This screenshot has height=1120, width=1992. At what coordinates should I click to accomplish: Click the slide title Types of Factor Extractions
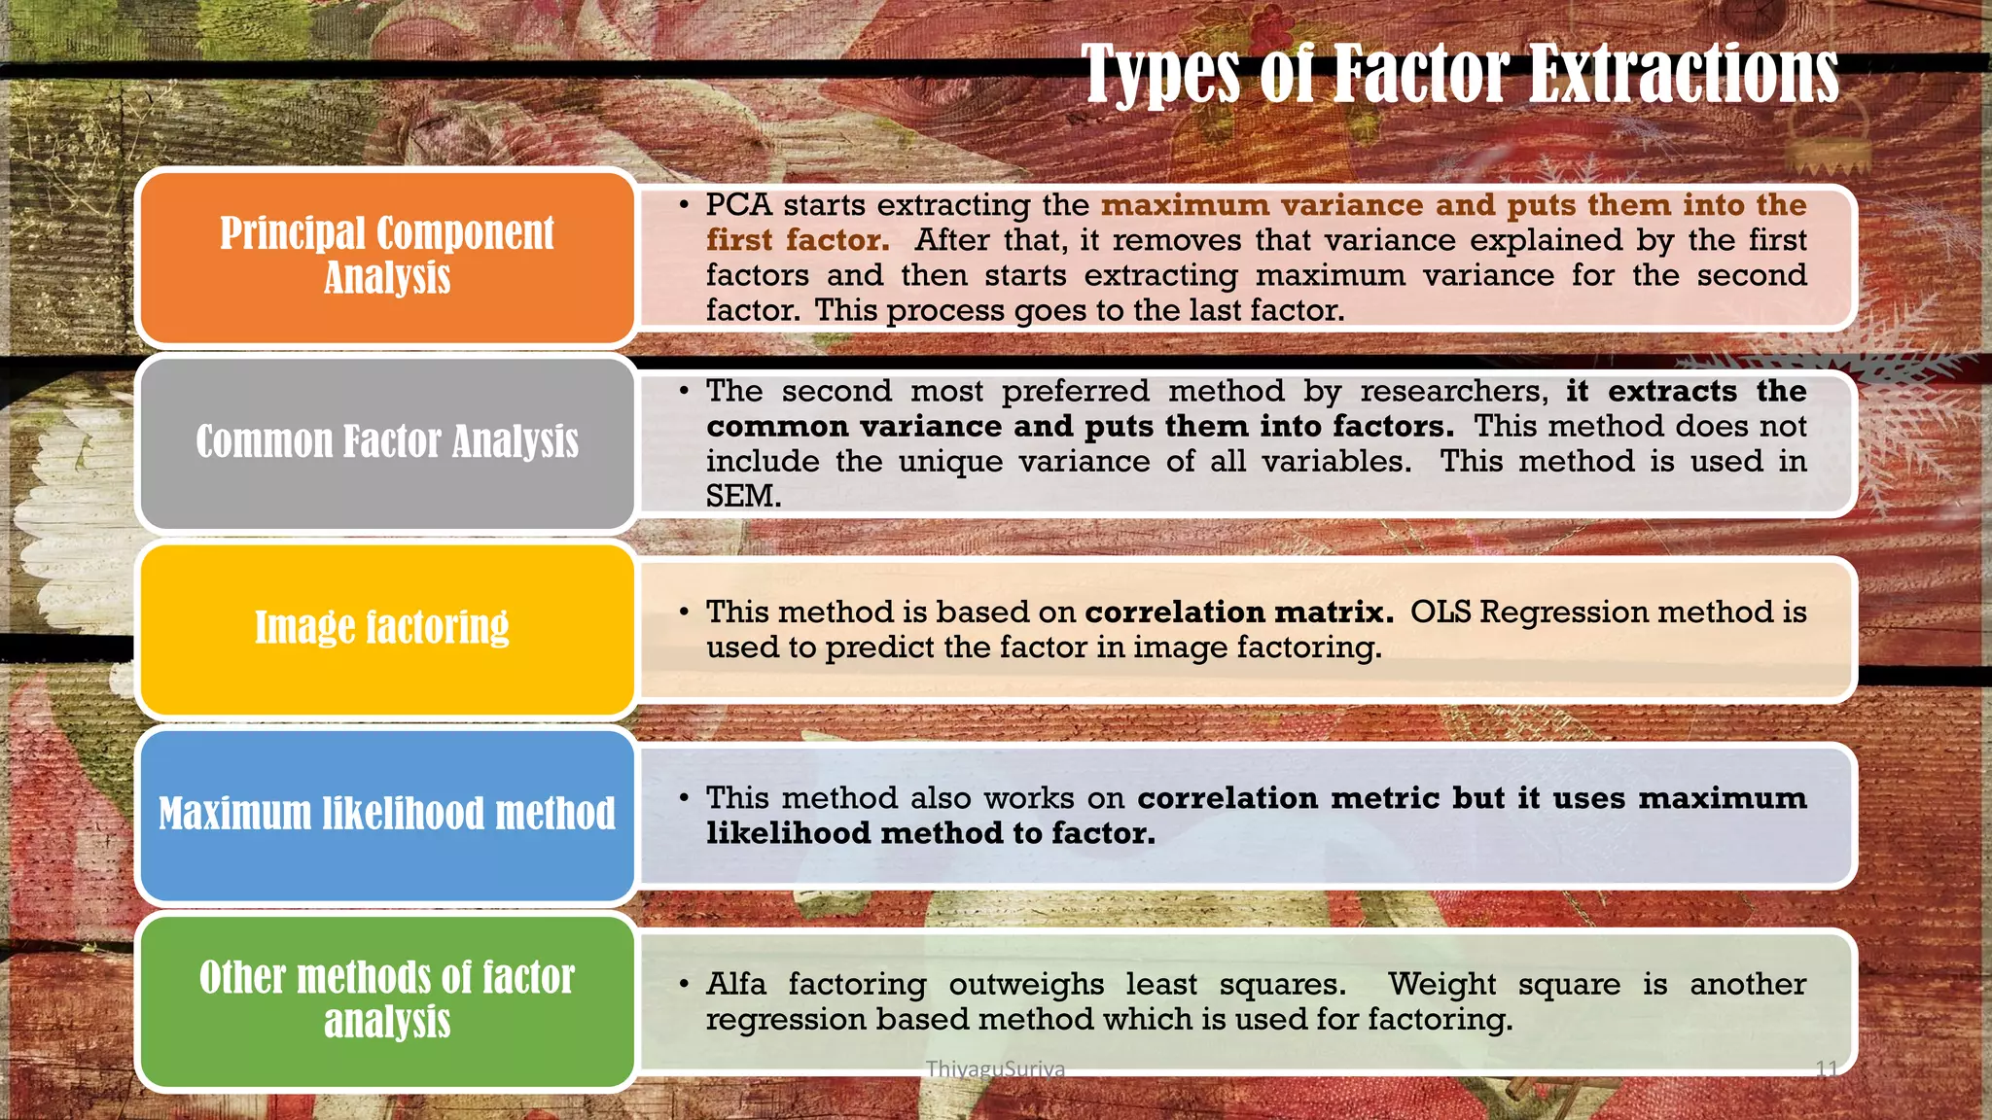(1460, 73)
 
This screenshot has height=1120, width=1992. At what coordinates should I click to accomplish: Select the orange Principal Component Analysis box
(387, 257)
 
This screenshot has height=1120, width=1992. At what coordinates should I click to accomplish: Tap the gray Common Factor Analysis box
(387, 442)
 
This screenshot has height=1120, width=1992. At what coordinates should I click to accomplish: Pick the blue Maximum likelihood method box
(387, 814)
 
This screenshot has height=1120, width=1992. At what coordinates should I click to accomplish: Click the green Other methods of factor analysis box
(387, 999)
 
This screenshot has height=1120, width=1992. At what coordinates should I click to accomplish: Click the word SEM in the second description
(743, 496)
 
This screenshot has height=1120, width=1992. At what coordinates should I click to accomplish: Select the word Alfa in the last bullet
(736, 984)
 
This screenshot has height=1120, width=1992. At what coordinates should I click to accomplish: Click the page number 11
(1827, 1069)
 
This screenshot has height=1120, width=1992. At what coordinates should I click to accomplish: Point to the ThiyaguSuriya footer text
(995, 1068)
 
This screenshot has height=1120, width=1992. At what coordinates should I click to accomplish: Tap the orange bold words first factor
(798, 240)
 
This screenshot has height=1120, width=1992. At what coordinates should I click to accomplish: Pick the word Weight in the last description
(1441, 984)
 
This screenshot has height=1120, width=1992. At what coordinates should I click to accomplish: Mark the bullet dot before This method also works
(685, 798)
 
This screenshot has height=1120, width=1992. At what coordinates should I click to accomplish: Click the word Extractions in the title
(1684, 73)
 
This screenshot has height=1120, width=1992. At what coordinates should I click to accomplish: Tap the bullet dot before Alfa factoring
(685, 984)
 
